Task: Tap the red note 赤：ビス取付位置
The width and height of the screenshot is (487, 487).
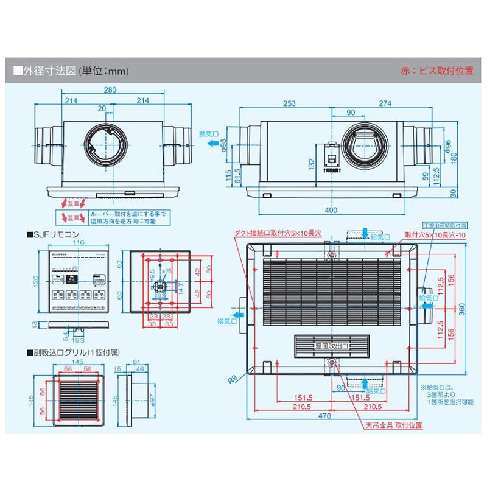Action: pyautogui.click(x=436, y=71)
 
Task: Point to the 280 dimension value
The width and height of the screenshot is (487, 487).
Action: pyautogui.click(x=110, y=91)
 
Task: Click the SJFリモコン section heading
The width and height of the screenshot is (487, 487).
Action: pyautogui.click(x=53, y=234)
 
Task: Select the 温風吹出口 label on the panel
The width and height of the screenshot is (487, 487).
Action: pyautogui.click(x=332, y=346)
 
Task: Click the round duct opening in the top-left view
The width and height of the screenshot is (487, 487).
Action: pyautogui.click(x=108, y=145)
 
